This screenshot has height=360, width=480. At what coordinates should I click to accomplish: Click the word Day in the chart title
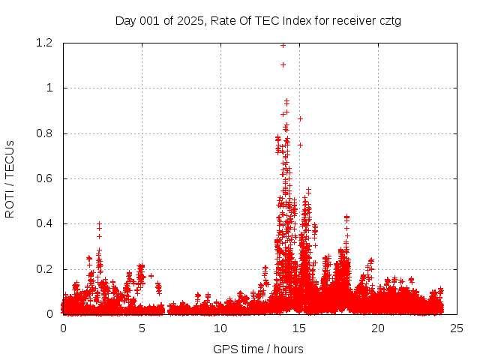126,21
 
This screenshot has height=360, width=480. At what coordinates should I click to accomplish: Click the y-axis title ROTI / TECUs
10,179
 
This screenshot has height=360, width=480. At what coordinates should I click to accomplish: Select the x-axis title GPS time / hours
258,349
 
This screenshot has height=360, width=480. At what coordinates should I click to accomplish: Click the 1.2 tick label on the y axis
43,43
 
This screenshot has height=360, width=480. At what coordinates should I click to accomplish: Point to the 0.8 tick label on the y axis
43,133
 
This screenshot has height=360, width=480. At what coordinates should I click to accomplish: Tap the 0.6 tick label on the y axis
43,178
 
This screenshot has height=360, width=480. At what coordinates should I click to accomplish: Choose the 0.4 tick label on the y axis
43,224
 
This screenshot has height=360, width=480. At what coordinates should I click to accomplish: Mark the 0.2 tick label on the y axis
43,269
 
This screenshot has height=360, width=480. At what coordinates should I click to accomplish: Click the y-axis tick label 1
49,88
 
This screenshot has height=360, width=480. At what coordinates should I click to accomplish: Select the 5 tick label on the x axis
142,328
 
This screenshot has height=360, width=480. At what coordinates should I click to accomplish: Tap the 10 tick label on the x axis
220,328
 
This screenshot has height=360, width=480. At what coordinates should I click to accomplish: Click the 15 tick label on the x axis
299,328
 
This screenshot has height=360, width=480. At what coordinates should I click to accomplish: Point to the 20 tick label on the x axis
378,328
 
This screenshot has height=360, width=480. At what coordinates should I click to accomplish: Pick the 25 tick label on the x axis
457,328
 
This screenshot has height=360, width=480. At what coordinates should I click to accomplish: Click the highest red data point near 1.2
283,45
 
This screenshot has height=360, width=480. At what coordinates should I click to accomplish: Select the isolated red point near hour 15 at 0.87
300,118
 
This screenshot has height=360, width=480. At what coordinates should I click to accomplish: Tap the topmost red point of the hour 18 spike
346,217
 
